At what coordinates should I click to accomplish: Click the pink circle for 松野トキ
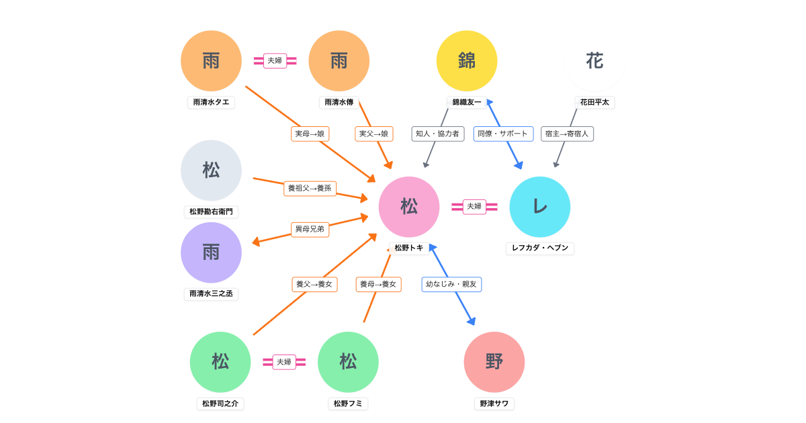[409, 207]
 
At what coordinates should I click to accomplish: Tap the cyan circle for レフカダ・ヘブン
[540, 207]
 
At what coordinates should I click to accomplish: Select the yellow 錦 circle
[467, 61]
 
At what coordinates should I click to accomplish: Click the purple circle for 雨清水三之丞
[211, 252]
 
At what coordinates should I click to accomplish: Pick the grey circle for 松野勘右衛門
[211, 171]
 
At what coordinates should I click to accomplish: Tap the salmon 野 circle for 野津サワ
[494, 362]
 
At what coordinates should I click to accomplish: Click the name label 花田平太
[594, 102]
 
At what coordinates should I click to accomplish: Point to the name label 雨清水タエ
[211, 102]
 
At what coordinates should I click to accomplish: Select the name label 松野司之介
[220, 404]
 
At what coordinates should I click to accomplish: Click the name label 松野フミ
[348, 404]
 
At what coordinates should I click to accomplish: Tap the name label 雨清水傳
[339, 102]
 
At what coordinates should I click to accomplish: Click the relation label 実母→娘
[310, 134]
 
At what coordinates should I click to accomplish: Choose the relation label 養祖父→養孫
[310, 188]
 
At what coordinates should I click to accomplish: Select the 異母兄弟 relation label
[310, 229]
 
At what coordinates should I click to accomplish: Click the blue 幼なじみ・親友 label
[451, 284]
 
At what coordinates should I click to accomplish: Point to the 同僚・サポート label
[503, 134]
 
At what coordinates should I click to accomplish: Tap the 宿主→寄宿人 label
[567, 134]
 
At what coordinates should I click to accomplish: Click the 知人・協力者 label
[438, 134]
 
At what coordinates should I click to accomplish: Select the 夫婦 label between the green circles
[284, 362]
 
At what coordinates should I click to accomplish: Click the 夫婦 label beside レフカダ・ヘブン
[474, 206]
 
